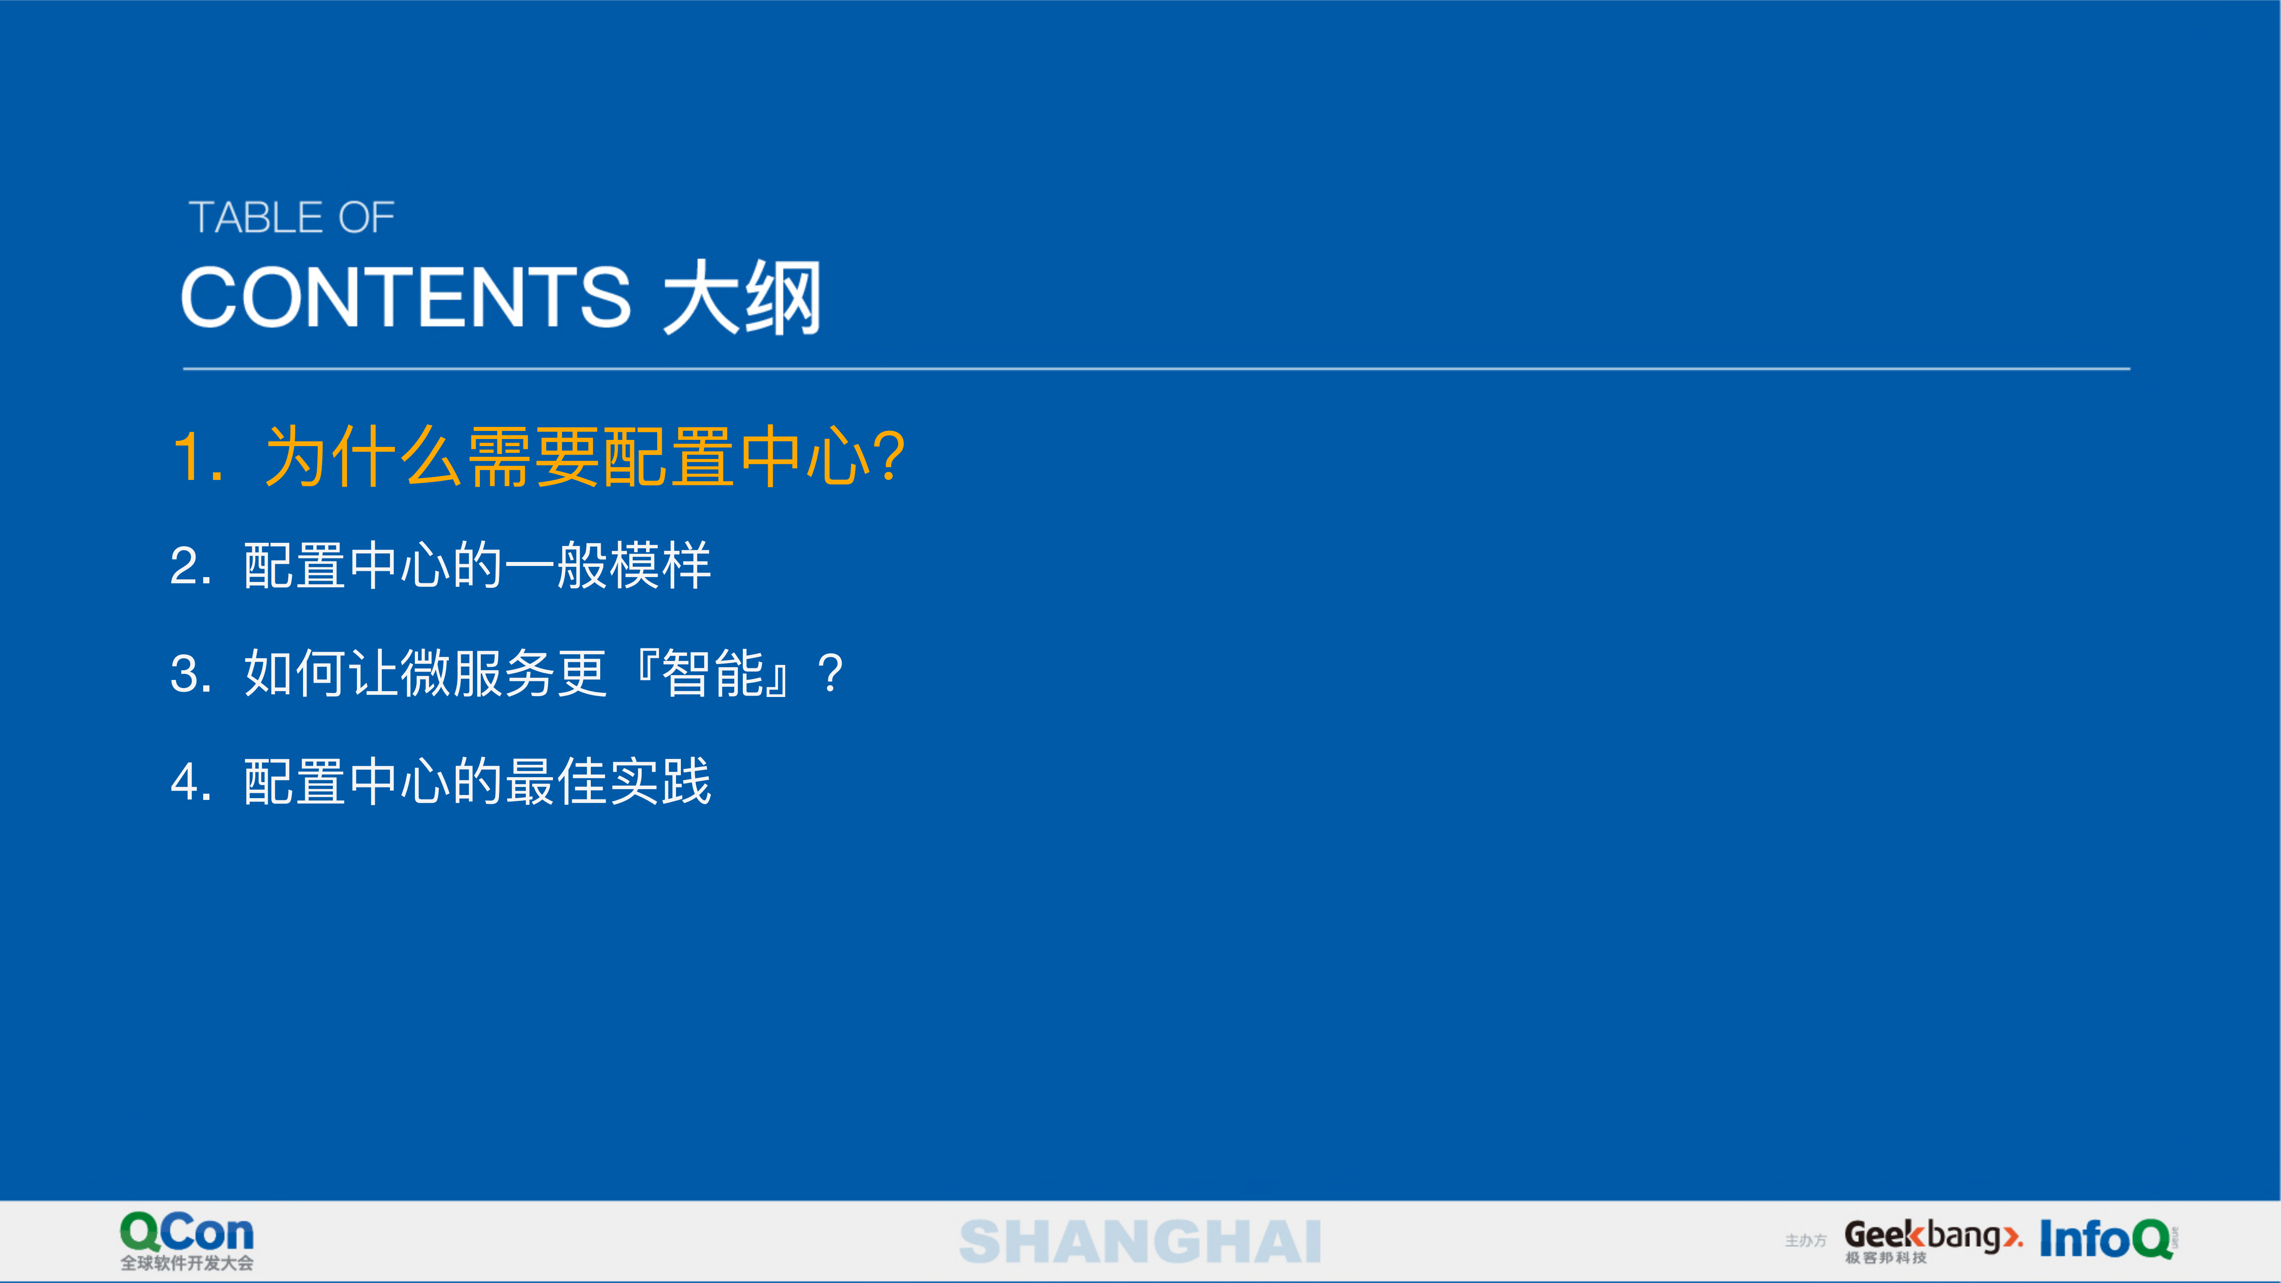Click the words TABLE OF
[x=291, y=218]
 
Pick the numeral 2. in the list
[x=190, y=567]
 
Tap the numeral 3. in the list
[x=190, y=675]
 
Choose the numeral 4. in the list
[x=190, y=783]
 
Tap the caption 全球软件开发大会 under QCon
[x=187, y=1263]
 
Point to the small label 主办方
[x=1806, y=1241]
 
